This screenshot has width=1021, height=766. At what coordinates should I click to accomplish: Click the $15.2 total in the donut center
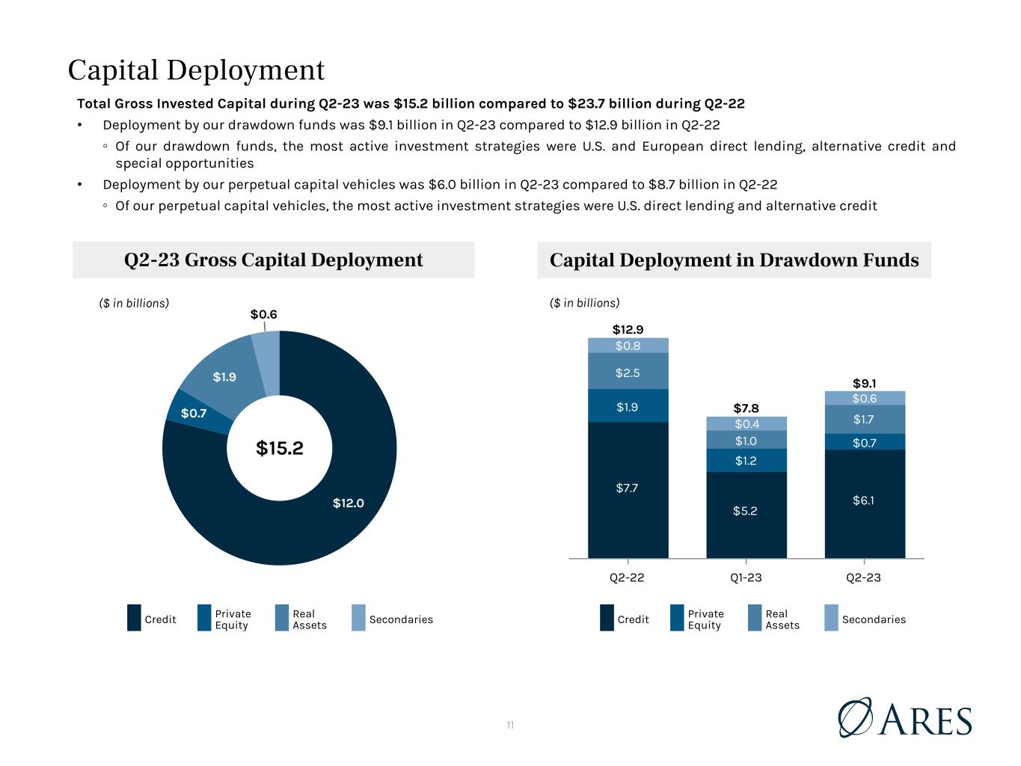click(279, 448)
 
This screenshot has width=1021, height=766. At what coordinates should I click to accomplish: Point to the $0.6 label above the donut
click(263, 314)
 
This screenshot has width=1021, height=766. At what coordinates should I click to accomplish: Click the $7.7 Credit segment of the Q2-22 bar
click(628, 489)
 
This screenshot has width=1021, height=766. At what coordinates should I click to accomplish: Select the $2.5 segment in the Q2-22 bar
click(628, 371)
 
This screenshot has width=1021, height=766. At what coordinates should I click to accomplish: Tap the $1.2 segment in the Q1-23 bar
click(746, 461)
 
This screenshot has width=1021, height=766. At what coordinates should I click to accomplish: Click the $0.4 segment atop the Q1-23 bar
click(746, 423)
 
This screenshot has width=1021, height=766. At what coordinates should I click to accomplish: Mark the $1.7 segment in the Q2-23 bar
click(865, 420)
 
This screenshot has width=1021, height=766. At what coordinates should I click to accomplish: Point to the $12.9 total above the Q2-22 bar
click(628, 330)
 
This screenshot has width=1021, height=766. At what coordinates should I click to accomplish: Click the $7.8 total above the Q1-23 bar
click(746, 408)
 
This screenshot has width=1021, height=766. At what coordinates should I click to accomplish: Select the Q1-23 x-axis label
click(746, 577)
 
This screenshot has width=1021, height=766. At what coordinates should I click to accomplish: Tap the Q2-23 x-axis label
click(863, 577)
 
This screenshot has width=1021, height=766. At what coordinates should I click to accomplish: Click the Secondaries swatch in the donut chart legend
click(358, 618)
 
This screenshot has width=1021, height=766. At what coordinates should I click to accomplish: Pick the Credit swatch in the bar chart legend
click(607, 618)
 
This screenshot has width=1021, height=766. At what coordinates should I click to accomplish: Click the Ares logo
click(904, 717)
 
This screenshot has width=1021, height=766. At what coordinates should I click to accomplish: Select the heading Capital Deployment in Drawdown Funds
click(734, 260)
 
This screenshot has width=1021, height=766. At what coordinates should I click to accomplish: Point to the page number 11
click(510, 725)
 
